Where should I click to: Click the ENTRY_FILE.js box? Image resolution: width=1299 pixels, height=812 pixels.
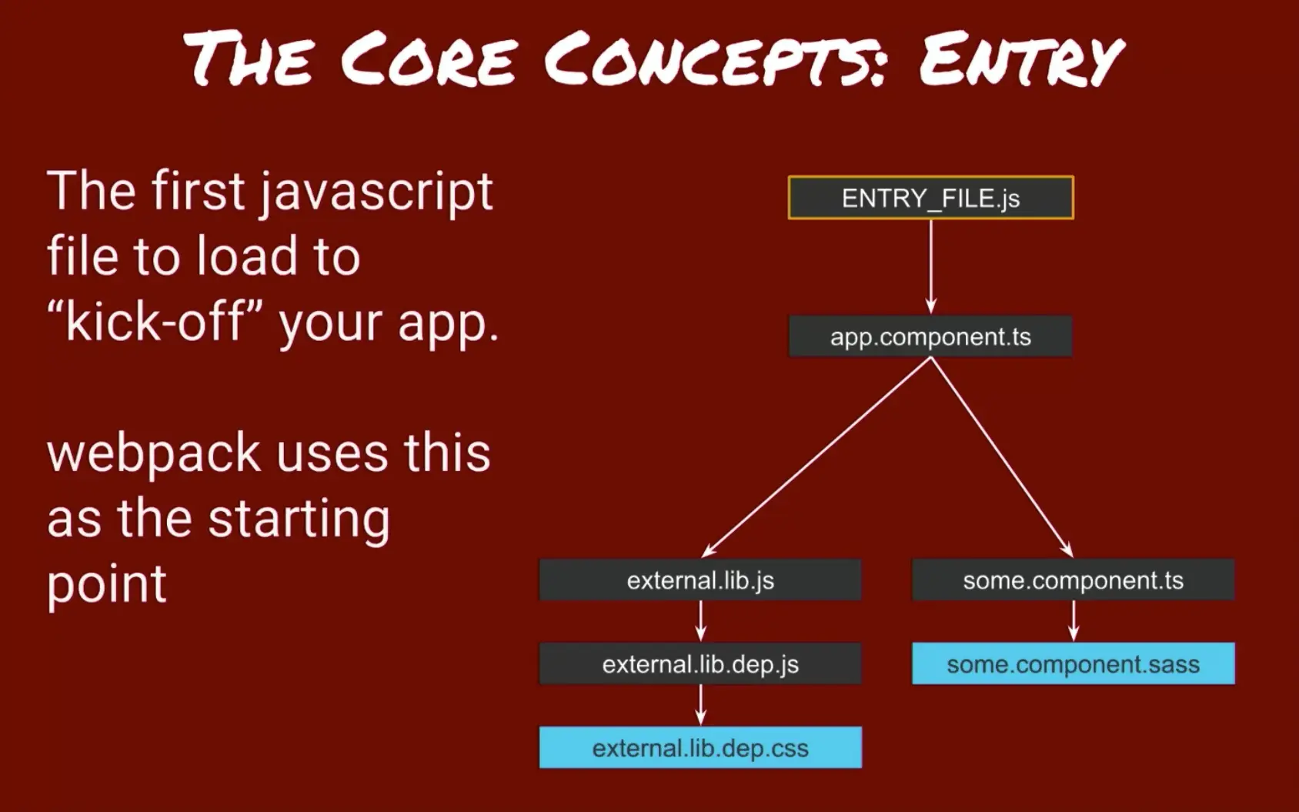click(x=930, y=198)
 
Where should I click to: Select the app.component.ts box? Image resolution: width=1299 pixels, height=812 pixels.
click(x=930, y=336)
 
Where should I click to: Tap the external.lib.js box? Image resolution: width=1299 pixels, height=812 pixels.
click(x=700, y=580)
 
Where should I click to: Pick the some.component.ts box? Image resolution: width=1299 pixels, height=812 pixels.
click(x=1073, y=580)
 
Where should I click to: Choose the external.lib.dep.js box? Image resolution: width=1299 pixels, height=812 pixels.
click(x=700, y=663)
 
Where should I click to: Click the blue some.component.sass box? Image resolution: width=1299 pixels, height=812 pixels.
click(x=1073, y=663)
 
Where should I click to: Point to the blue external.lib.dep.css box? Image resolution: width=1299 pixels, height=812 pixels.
click(x=700, y=747)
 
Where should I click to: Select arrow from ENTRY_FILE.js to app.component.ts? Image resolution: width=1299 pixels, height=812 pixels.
click(x=931, y=266)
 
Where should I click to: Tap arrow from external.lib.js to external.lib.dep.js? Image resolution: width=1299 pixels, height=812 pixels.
click(x=700, y=620)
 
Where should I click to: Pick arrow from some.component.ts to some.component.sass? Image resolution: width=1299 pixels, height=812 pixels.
click(x=1074, y=620)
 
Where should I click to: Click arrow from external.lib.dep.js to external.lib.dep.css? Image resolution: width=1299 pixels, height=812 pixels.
click(x=700, y=704)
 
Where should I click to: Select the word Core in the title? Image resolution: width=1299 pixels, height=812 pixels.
click(x=428, y=60)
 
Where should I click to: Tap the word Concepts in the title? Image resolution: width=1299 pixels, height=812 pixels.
click(x=716, y=60)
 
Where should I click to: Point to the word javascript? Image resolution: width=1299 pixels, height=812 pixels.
click(x=376, y=192)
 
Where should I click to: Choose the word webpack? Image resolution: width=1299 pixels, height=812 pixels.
click(x=154, y=454)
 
